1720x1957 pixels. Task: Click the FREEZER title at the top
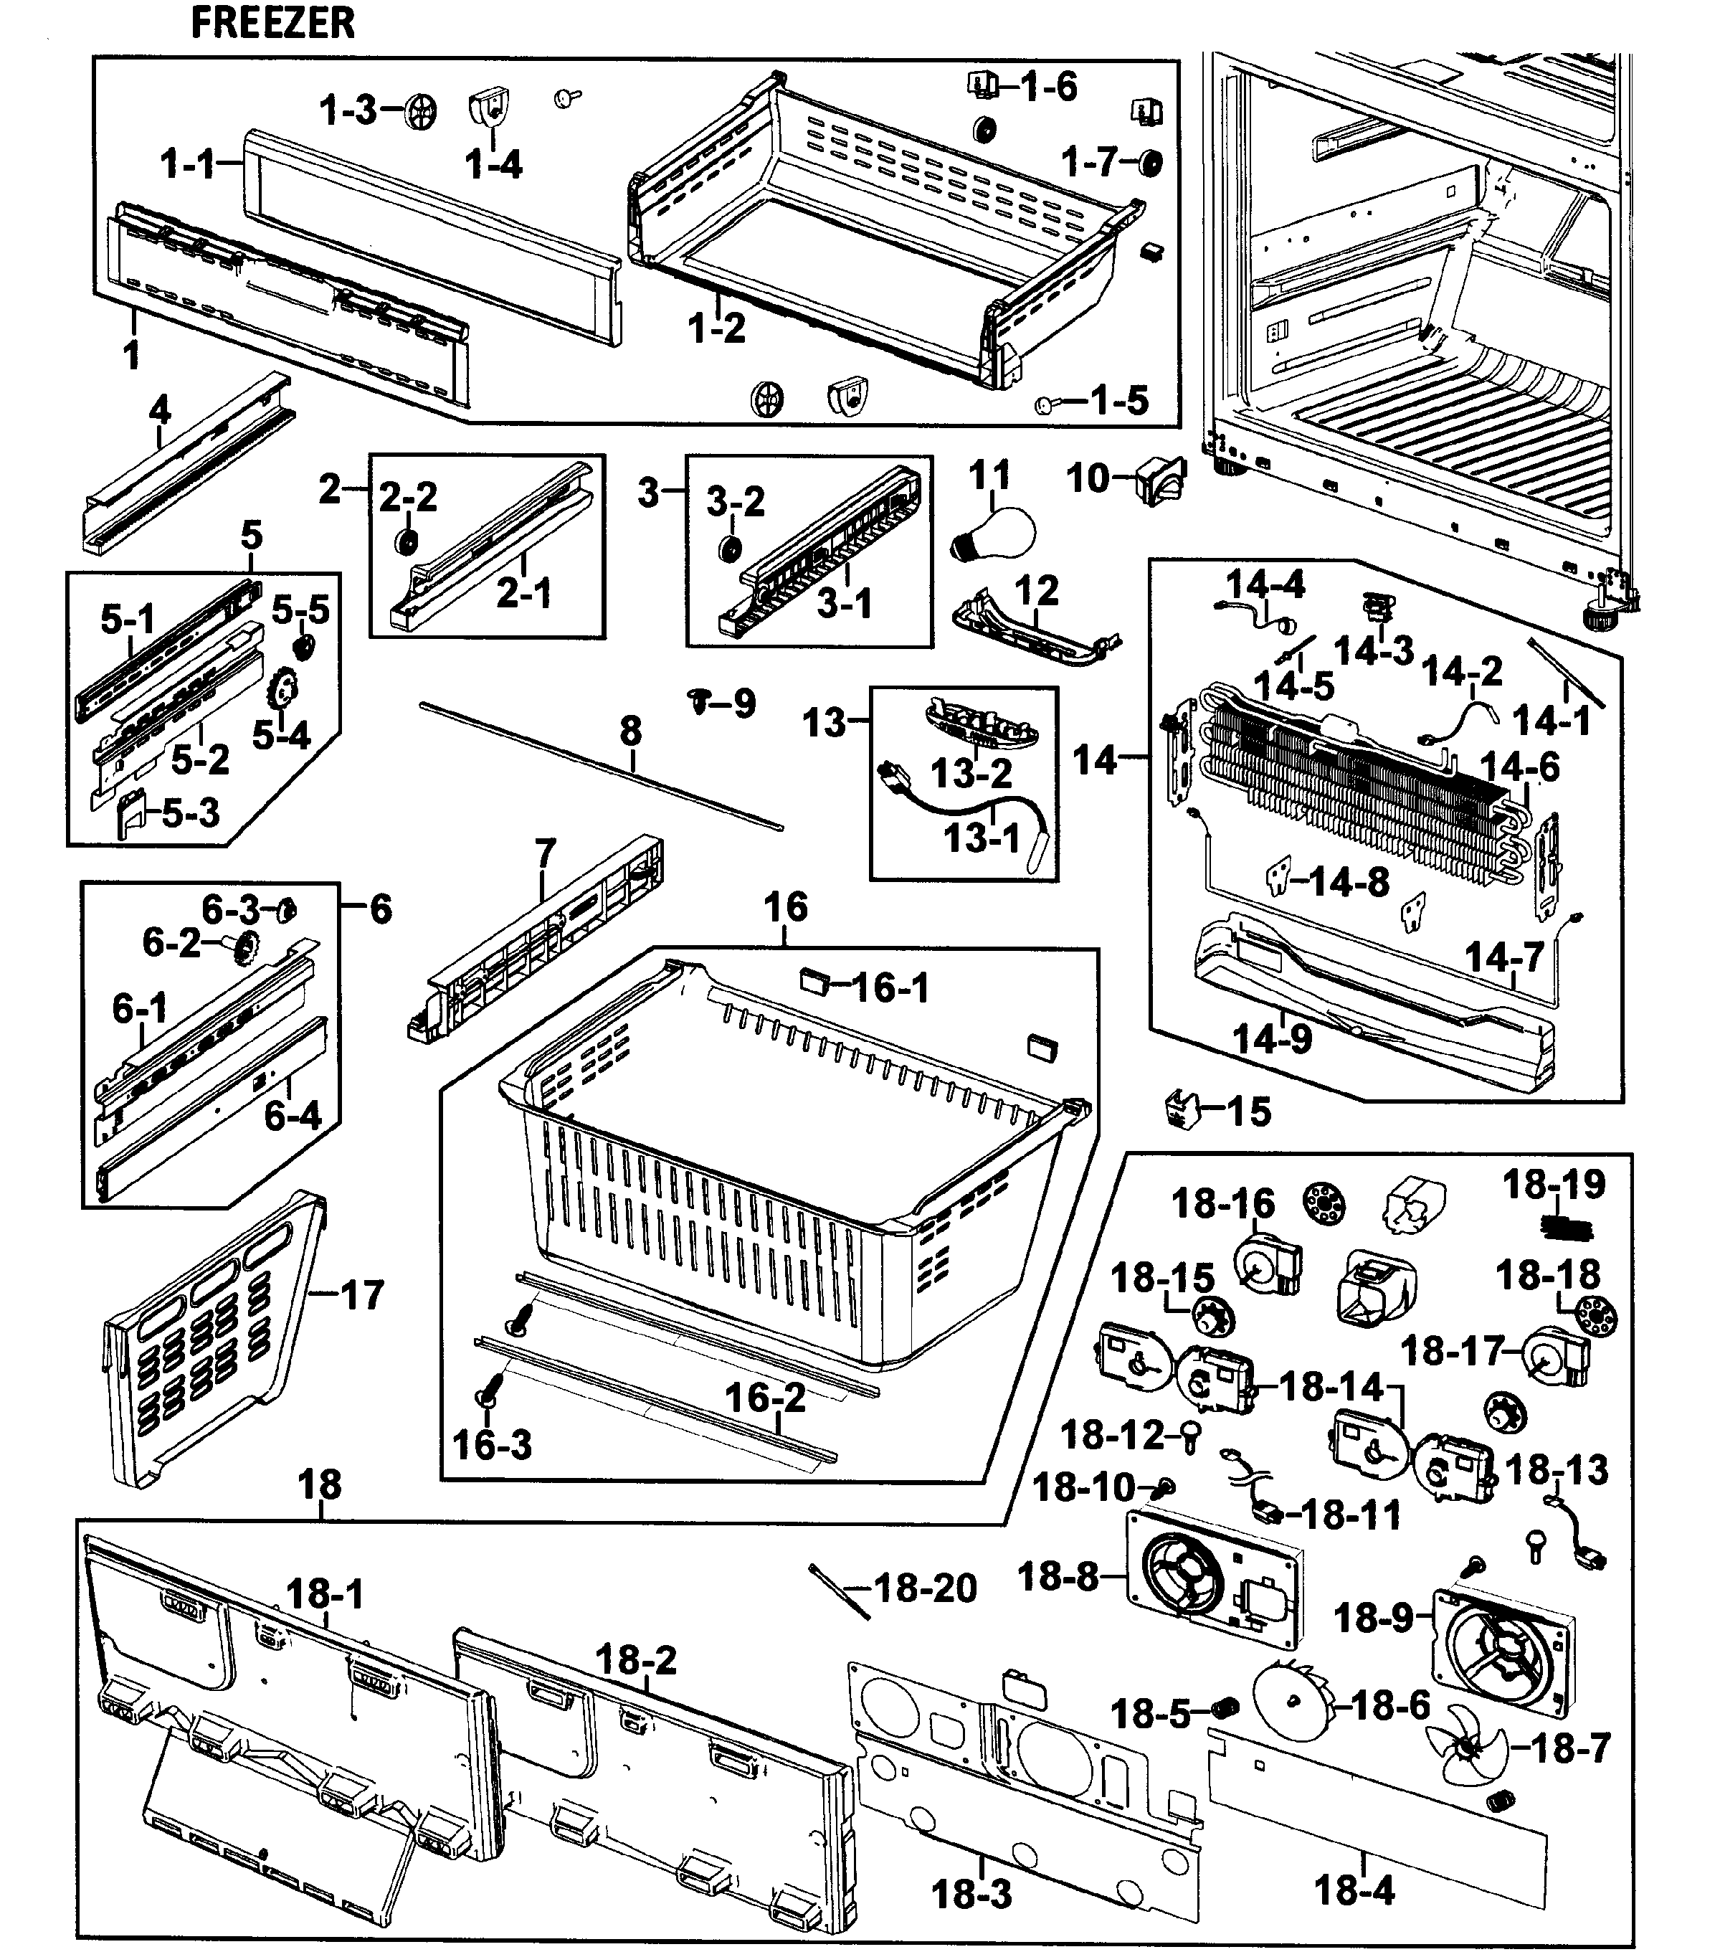(x=272, y=23)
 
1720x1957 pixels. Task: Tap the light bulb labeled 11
(x=995, y=534)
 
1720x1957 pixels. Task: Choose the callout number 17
(x=362, y=1295)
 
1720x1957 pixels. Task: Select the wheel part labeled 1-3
(x=419, y=112)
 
